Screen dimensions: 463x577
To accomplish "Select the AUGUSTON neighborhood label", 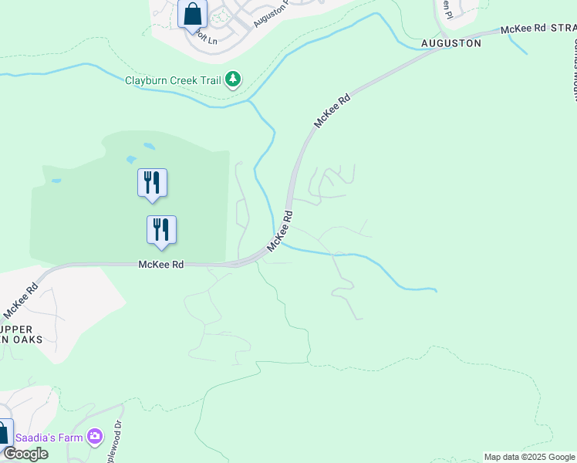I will (451, 43).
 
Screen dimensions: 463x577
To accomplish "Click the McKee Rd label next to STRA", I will (523, 29).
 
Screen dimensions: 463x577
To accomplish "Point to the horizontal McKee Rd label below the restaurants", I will (160, 264).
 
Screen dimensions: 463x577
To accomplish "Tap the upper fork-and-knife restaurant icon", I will (152, 184).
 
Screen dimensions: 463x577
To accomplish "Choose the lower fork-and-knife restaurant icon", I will (161, 231).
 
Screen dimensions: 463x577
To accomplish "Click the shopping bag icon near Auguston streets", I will (192, 13).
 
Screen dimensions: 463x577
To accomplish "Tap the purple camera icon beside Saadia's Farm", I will (95, 437).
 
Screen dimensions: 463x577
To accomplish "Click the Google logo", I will (25, 454).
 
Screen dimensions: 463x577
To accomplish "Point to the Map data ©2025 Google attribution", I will (529, 457).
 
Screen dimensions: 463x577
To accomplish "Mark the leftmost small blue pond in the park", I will (56, 181).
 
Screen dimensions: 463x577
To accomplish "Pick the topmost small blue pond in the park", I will (148, 145).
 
